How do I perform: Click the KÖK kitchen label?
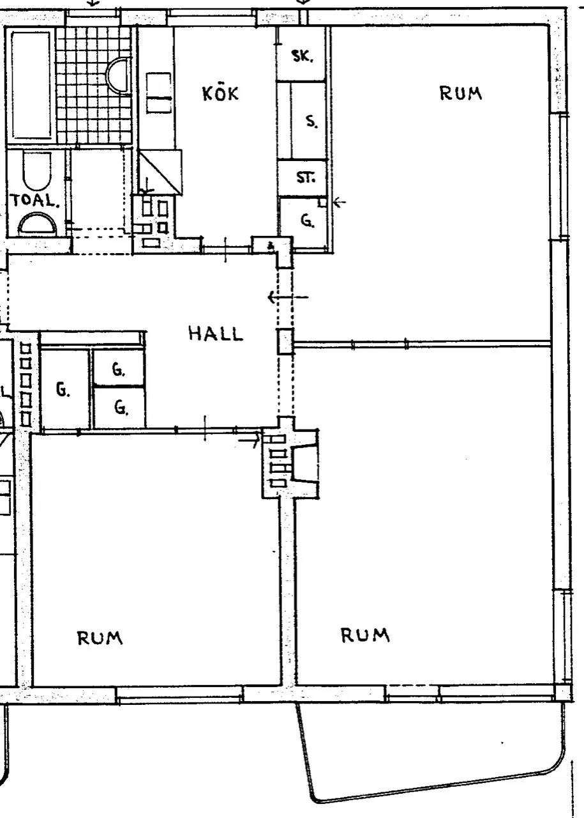[220, 93]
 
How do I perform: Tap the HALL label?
[216, 334]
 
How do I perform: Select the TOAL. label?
[35, 201]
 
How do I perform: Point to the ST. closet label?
[306, 178]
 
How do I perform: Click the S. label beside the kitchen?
[311, 121]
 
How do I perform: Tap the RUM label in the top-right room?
[461, 93]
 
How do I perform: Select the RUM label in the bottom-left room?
[100, 638]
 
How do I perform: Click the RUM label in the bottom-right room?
[365, 635]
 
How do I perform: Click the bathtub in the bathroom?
[31, 86]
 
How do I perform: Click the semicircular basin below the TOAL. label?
[38, 225]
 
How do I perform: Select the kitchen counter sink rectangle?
[159, 93]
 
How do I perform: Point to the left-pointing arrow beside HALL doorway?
[288, 297]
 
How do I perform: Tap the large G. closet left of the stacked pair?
[64, 389]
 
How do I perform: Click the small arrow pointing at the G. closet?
[340, 201]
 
